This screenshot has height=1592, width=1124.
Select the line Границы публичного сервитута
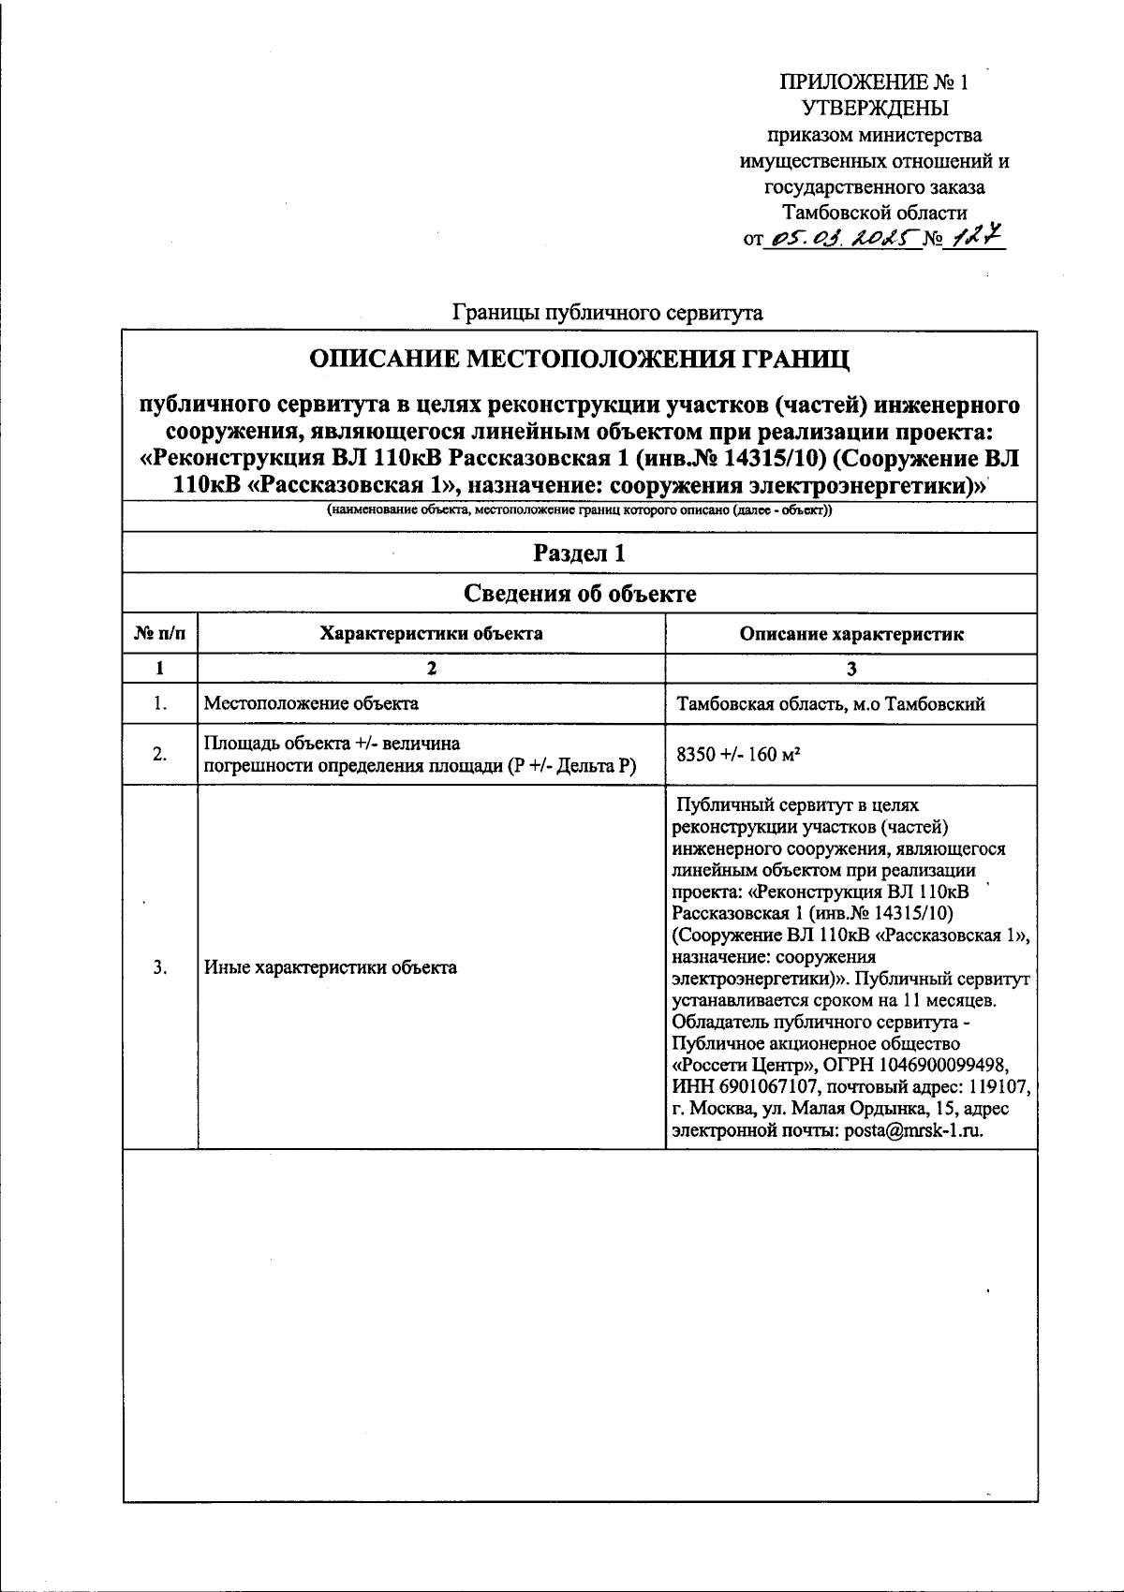pyautogui.click(x=607, y=313)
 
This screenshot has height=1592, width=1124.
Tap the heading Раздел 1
pyautogui.click(x=579, y=553)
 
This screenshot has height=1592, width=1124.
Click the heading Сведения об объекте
pyautogui.click(x=579, y=594)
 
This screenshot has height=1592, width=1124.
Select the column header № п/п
pyautogui.click(x=160, y=634)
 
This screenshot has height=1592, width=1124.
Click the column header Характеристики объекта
pyautogui.click(x=431, y=634)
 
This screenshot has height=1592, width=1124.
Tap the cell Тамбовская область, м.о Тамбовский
pyautogui.click(x=830, y=704)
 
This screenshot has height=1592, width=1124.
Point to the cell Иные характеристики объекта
pyautogui.click(x=331, y=967)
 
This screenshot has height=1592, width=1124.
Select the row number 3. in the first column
pyautogui.click(x=160, y=967)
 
